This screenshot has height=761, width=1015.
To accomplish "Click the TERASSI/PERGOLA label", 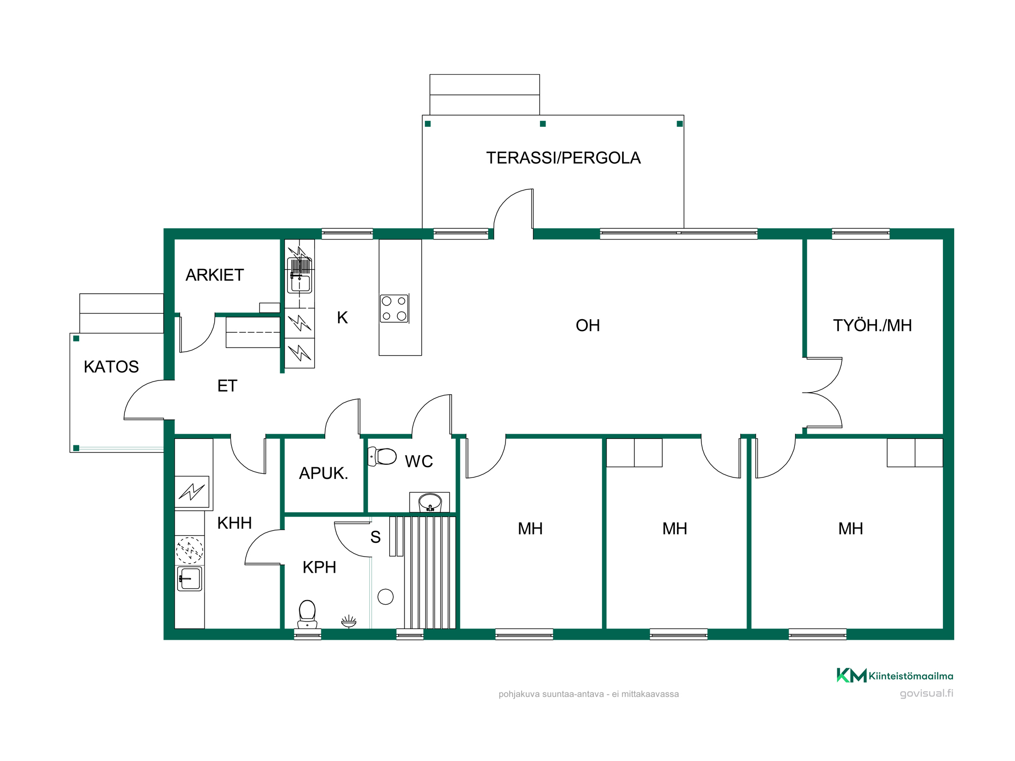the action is (x=563, y=158).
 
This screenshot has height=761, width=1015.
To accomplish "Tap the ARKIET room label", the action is (x=215, y=275).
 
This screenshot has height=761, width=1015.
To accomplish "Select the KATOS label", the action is (x=111, y=367).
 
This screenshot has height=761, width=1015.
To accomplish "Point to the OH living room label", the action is (x=588, y=325).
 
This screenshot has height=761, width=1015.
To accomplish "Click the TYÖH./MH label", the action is (x=872, y=325).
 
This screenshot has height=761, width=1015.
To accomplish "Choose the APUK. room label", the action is (x=323, y=473).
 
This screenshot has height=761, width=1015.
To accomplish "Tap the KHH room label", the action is (x=234, y=523).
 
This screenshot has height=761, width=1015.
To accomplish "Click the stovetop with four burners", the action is (x=394, y=308).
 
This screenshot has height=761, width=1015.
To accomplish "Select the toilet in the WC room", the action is (x=382, y=456).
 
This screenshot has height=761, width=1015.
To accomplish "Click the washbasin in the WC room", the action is (x=430, y=502).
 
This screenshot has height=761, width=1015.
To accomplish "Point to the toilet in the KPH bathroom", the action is (x=307, y=613).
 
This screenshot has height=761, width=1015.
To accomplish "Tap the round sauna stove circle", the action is (x=386, y=597).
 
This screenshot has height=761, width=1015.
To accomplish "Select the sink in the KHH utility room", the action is (x=190, y=578).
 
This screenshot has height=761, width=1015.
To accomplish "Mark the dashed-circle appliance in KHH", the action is (x=189, y=550).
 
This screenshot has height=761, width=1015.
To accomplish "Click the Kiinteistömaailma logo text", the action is (x=911, y=676).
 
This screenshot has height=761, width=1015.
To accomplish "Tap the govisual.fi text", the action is (x=927, y=694).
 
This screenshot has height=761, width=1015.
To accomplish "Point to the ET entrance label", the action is (x=227, y=386).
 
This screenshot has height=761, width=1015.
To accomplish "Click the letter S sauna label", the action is (x=376, y=537).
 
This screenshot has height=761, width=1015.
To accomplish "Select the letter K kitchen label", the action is (x=343, y=318).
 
